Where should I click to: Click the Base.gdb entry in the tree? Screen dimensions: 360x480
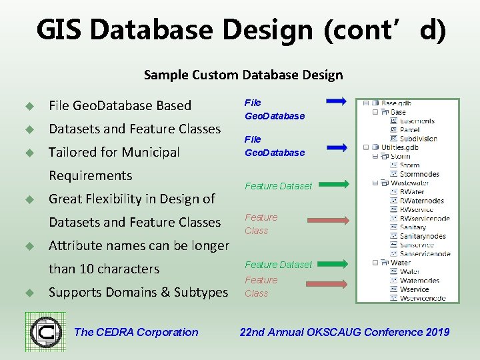click(396, 103)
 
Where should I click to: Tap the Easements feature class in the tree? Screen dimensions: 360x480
click(417, 121)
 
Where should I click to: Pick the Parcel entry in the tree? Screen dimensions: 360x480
click(410, 129)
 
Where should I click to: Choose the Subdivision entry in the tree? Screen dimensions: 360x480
click(418, 138)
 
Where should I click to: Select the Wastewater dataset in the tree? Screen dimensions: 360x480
click(409, 183)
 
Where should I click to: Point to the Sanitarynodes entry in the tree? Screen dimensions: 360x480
click(422, 236)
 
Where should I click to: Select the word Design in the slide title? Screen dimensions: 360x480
click(274, 30)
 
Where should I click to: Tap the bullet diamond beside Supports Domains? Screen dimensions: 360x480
click(29, 293)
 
